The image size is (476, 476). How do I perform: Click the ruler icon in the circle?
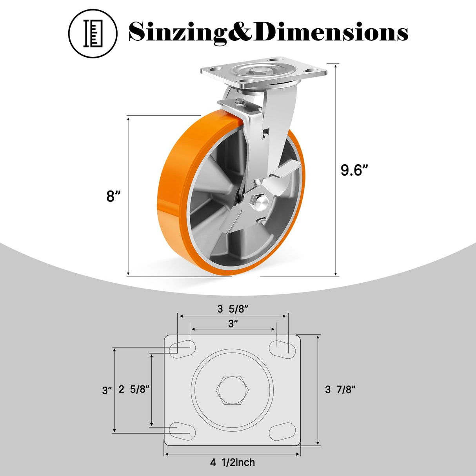[x=93, y=33]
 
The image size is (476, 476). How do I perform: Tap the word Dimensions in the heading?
[x=331, y=32]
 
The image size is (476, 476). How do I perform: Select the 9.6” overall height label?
[x=354, y=170]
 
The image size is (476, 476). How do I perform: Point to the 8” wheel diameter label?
[x=113, y=196]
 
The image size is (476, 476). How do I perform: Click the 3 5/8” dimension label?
[x=233, y=309]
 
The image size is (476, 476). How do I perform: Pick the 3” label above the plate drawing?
[x=233, y=324]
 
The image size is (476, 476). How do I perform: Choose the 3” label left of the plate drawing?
[x=107, y=391]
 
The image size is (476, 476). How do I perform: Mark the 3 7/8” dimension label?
[x=340, y=389]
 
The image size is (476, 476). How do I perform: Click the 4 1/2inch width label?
[x=232, y=463]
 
